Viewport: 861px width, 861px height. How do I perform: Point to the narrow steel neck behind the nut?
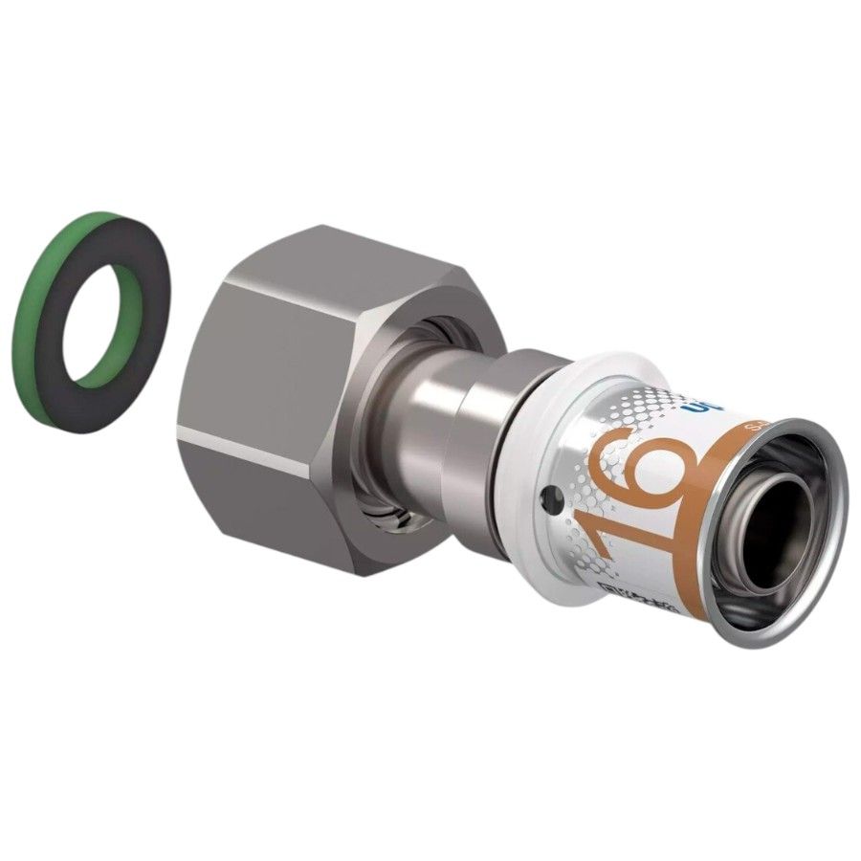tap(421, 421)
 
